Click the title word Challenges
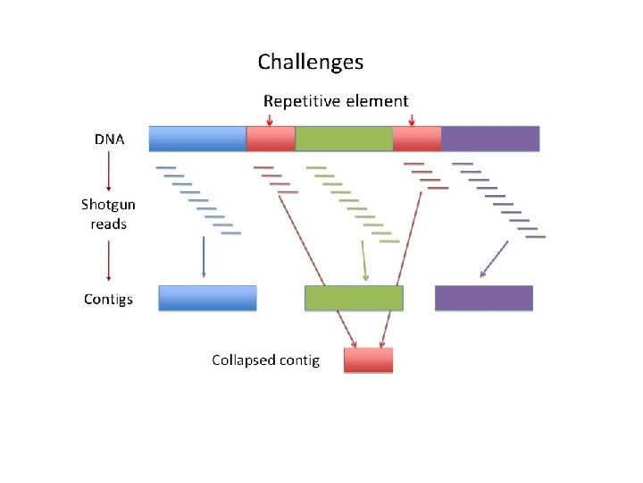click(x=311, y=63)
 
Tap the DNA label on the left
click(x=109, y=140)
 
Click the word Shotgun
click(x=108, y=205)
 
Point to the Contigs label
click(x=108, y=299)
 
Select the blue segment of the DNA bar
click(x=197, y=139)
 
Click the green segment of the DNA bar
click(x=344, y=139)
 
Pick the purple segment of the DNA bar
click(x=490, y=139)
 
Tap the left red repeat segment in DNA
click(x=271, y=139)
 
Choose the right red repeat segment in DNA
click(x=417, y=139)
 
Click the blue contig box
click(x=207, y=298)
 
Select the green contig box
click(x=354, y=298)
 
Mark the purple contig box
click(x=484, y=298)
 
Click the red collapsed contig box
click(x=368, y=360)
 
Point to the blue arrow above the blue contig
click(x=204, y=257)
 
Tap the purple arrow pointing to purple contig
click(x=494, y=259)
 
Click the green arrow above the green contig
click(x=364, y=261)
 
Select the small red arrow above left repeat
click(x=270, y=120)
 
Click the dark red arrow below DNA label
click(x=109, y=171)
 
